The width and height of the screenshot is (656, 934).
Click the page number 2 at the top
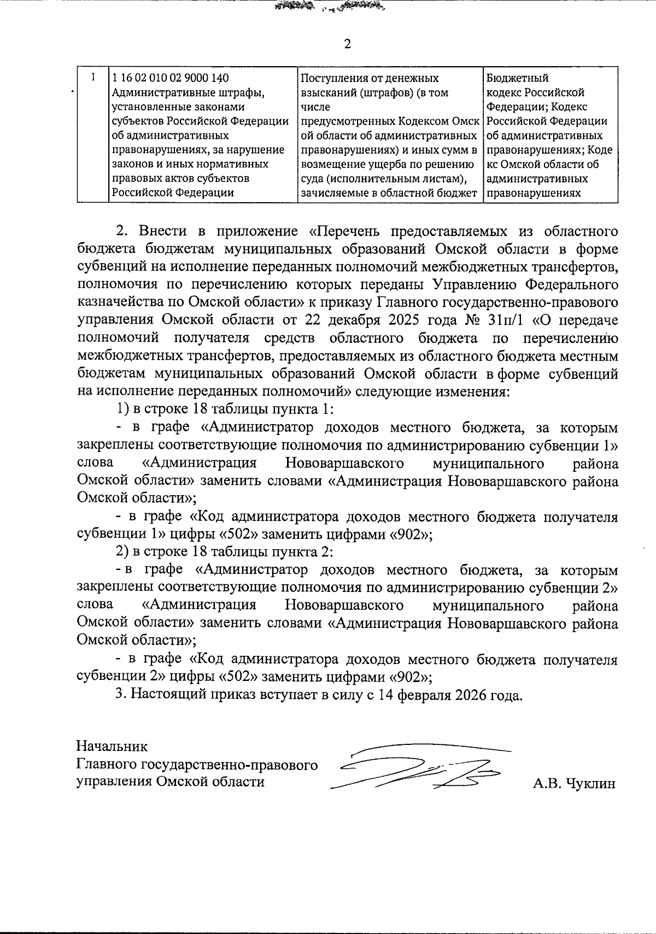[x=347, y=44]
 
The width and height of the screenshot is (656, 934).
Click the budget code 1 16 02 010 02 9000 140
[x=169, y=78]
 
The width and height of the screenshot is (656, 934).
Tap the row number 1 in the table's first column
[x=94, y=77]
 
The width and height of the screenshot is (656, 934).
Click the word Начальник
[x=112, y=746]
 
